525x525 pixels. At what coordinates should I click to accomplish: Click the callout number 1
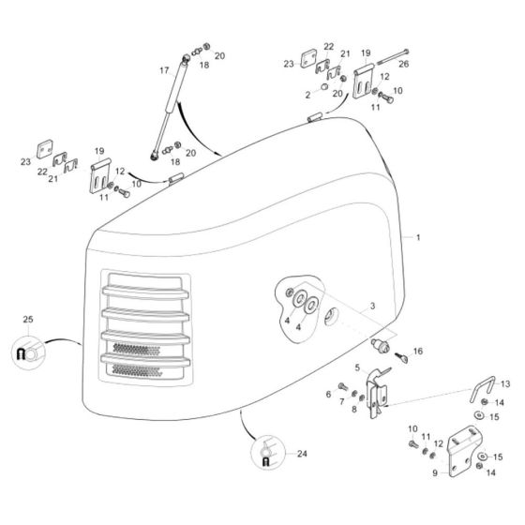[419, 240]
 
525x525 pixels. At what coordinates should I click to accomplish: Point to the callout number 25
[27, 321]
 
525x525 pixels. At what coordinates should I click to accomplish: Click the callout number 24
[301, 455]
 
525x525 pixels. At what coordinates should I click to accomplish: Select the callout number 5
[356, 367]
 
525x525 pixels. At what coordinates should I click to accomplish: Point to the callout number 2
[307, 95]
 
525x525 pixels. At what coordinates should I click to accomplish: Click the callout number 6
[328, 394]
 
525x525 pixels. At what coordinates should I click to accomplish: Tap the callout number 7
[340, 402]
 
